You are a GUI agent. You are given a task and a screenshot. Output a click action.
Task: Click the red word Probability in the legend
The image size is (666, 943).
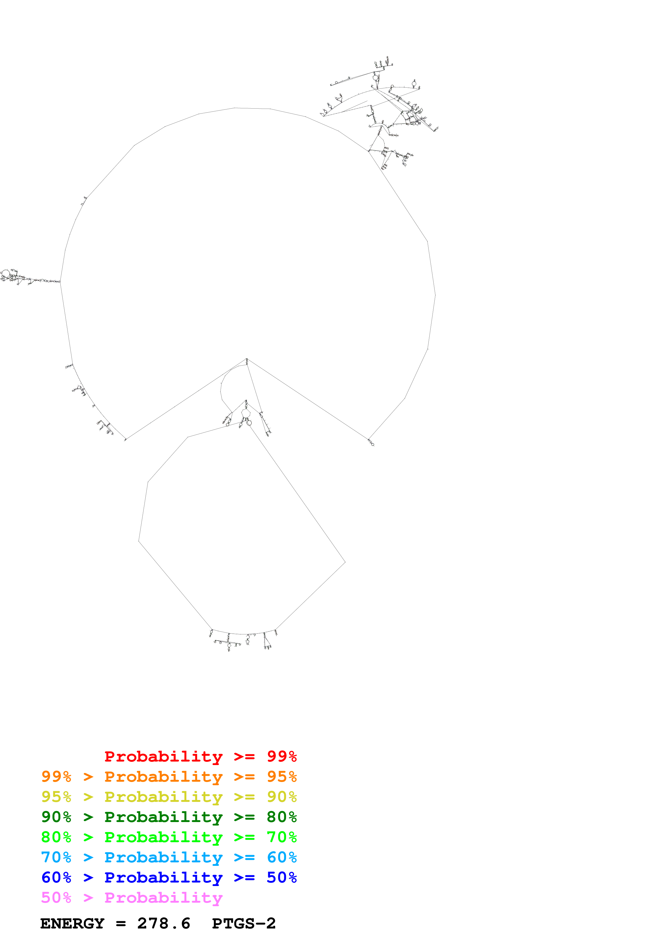(x=163, y=756)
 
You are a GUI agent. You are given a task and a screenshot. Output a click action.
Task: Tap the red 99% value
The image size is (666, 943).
(x=282, y=756)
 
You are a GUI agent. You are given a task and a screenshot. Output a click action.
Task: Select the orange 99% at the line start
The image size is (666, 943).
(x=56, y=777)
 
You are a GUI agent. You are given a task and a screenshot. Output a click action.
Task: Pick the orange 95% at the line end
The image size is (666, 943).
(x=282, y=777)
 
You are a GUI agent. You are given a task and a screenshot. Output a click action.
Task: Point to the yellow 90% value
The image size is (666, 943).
(x=282, y=797)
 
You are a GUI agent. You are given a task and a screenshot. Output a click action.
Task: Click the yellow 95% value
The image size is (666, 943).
(x=56, y=797)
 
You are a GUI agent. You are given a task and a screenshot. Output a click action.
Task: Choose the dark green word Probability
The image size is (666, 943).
(x=163, y=817)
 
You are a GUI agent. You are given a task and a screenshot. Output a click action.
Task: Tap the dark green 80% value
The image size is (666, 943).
(x=282, y=817)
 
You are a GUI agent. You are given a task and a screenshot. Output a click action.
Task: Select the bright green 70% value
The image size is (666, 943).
(x=282, y=837)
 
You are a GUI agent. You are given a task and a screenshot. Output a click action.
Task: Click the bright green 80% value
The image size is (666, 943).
(x=56, y=837)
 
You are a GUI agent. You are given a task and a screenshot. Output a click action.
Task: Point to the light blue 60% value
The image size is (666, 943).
(x=282, y=857)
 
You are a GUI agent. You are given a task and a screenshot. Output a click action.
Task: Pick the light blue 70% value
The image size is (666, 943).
(x=56, y=857)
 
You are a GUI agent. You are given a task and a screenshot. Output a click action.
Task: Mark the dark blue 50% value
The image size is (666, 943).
(x=282, y=877)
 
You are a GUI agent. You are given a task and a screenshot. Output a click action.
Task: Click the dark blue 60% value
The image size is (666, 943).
(x=56, y=877)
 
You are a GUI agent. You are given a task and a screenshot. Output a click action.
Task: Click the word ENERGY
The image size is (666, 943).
(x=72, y=923)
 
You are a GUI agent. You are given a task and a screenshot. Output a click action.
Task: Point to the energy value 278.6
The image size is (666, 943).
(x=163, y=923)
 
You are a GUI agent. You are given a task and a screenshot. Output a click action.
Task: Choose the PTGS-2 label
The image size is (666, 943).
(x=244, y=923)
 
